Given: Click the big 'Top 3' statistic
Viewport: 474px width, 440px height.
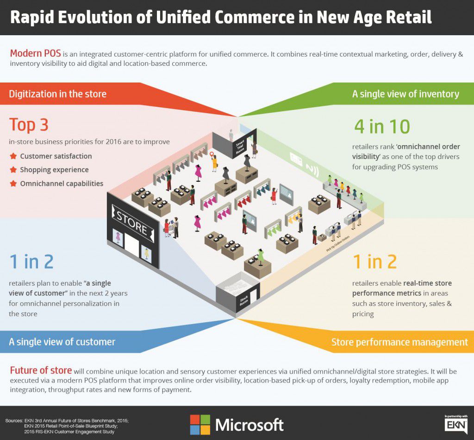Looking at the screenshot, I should [x=29, y=125].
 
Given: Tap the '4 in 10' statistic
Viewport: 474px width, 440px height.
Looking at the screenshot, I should [x=382, y=126].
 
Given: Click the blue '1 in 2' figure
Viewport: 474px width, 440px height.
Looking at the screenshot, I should [x=31, y=262].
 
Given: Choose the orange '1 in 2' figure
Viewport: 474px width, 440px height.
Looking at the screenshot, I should [x=374, y=262].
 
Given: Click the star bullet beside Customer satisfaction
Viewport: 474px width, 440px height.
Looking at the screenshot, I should [x=13, y=156].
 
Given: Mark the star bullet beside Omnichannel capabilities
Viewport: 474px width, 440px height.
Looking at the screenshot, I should [x=13, y=184].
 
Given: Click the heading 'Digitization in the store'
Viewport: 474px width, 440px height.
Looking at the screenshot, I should [x=58, y=94].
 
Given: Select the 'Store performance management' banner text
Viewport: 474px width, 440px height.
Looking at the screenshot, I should [x=399, y=342].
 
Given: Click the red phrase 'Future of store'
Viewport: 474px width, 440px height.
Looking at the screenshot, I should [x=41, y=370].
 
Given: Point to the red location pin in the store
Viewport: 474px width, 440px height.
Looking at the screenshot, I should [x=212, y=155].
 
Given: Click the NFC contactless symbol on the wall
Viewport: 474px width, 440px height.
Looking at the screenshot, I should [x=314, y=170].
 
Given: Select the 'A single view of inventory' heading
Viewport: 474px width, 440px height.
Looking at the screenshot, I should [x=405, y=94].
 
